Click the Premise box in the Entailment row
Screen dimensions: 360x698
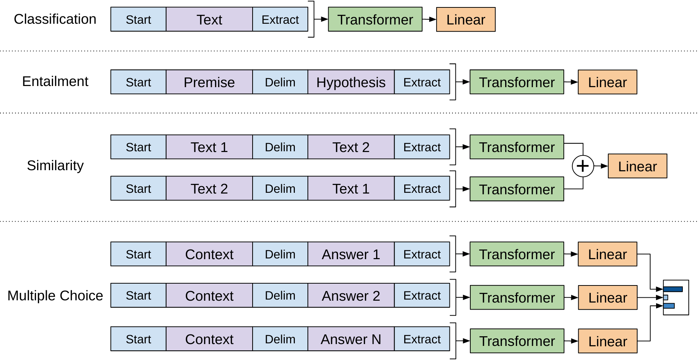[x=209, y=82]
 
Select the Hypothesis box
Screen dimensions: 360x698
[x=351, y=82]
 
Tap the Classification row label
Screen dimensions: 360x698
[x=55, y=19]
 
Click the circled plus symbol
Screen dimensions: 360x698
[x=583, y=166]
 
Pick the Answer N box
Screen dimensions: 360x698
[x=351, y=339]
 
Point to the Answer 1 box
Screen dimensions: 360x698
[x=351, y=254]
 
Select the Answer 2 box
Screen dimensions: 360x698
[x=351, y=295]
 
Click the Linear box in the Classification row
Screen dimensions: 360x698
[x=465, y=19]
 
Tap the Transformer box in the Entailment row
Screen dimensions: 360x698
[x=517, y=82]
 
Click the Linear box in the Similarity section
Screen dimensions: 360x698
[x=637, y=166]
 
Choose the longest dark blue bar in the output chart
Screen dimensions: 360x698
[x=673, y=289]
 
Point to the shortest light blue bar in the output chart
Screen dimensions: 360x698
[x=666, y=297]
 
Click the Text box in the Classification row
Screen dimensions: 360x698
[x=209, y=19]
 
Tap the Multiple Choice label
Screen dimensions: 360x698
[x=55, y=295]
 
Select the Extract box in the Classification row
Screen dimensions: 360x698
[x=280, y=19]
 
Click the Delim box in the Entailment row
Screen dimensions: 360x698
[x=280, y=82]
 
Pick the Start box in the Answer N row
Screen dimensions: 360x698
[x=138, y=339]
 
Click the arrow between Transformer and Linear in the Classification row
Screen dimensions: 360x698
[x=429, y=19]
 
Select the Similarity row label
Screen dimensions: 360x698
[x=55, y=165]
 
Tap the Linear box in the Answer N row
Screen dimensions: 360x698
[x=608, y=341]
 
